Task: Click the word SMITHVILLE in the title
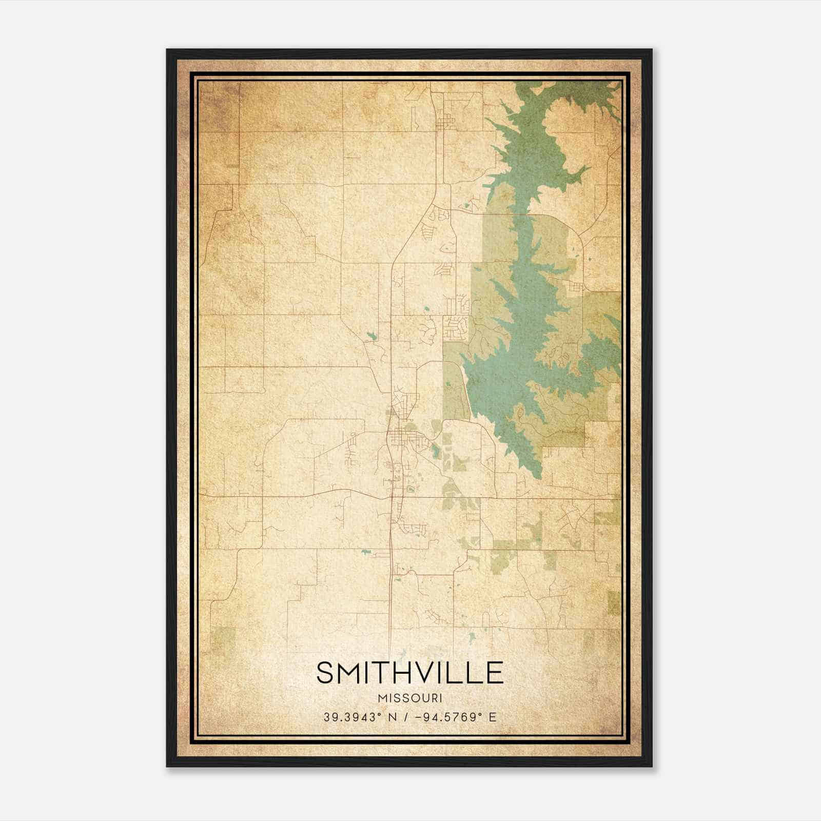coord(409,673)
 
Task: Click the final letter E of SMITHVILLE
coord(494,673)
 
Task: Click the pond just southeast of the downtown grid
coord(436,452)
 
